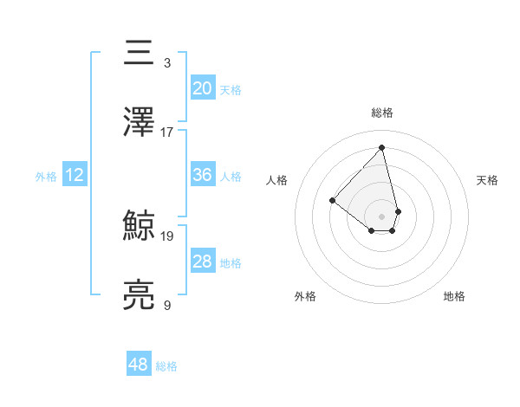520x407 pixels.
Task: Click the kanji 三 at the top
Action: click(x=140, y=54)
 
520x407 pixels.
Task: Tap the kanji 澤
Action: click(x=140, y=123)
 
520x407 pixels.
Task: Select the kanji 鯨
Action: click(x=140, y=227)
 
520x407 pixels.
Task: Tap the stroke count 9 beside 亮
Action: click(x=167, y=305)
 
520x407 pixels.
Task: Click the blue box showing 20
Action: click(x=202, y=88)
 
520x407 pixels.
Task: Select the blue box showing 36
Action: click(x=202, y=175)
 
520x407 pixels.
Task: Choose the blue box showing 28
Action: click(x=202, y=262)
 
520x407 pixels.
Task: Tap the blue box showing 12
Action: click(x=74, y=175)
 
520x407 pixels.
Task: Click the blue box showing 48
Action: click(x=138, y=365)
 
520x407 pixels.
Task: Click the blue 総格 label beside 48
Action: click(x=166, y=366)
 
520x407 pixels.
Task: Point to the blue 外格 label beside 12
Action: click(x=46, y=177)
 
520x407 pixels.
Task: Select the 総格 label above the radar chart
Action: click(x=381, y=113)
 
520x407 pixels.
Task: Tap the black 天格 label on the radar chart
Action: click(x=487, y=180)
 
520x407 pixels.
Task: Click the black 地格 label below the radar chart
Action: click(x=454, y=296)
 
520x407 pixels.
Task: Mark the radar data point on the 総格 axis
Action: click(x=381, y=148)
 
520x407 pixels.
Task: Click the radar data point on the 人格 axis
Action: click(x=332, y=200)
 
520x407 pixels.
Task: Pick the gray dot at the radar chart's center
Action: click(x=381, y=216)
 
